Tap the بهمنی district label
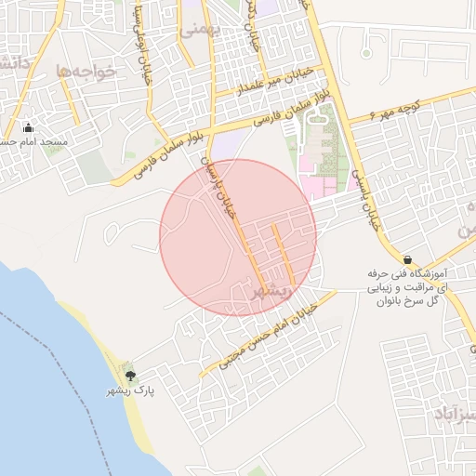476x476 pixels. (x=202, y=28)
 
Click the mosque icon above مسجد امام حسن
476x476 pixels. (x=28, y=128)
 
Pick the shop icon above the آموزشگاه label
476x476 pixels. (x=407, y=259)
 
